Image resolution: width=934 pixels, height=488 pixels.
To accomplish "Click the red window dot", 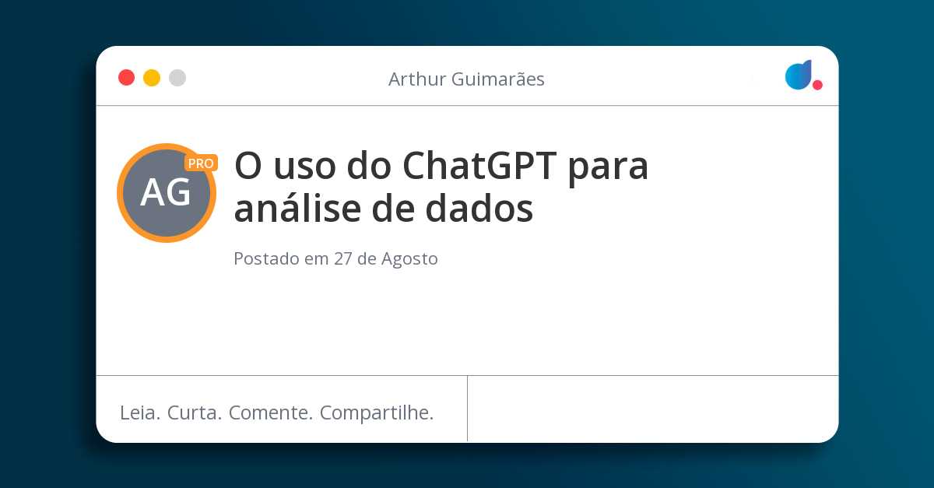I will click(x=126, y=78).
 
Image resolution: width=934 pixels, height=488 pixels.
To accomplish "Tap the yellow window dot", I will click(x=152, y=78).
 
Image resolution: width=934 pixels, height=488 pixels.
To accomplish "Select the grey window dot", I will click(x=177, y=78).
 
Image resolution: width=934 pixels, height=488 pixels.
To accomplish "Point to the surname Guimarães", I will click(x=498, y=79).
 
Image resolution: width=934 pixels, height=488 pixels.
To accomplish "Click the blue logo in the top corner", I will click(x=799, y=75).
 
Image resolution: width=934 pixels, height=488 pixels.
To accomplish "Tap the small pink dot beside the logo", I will click(x=817, y=85).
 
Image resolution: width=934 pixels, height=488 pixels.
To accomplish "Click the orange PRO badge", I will click(x=201, y=163).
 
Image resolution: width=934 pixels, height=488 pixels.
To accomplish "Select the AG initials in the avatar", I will click(x=166, y=193).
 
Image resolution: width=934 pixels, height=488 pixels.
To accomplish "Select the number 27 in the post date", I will click(x=343, y=258).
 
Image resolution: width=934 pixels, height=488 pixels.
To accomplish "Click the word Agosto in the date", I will click(x=409, y=259).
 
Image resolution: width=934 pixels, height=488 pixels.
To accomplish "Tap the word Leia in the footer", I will click(x=140, y=413).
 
